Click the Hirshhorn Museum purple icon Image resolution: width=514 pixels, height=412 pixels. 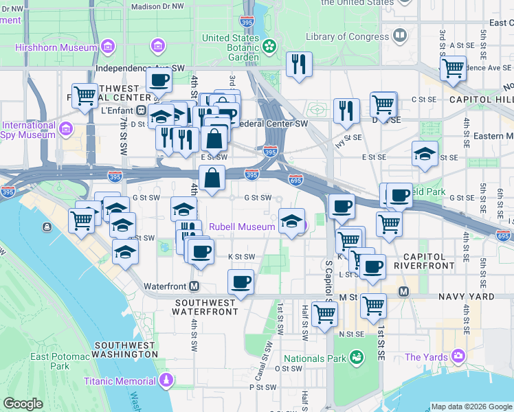pyautogui.click(x=108, y=47)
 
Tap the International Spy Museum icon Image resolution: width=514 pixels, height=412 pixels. pyautogui.click(x=66, y=128)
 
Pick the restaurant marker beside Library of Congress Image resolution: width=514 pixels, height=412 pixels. pyautogui.click(x=299, y=65)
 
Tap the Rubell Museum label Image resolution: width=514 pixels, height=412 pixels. pyautogui.click(x=242, y=227)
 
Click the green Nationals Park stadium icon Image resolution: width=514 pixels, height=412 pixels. pyautogui.click(x=357, y=357)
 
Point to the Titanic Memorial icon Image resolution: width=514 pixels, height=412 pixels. pyautogui.click(x=165, y=380)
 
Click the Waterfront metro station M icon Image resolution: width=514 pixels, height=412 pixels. pyautogui.click(x=195, y=286)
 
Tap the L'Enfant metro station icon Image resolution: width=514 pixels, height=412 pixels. pyautogui.click(x=141, y=110)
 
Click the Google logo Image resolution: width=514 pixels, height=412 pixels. pyautogui.click(x=23, y=404)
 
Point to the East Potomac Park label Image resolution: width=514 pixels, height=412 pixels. pyautogui.click(x=59, y=360)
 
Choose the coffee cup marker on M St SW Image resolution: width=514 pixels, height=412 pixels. pyautogui.click(x=241, y=282)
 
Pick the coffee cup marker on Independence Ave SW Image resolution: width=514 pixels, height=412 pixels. pyautogui.click(x=159, y=79)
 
